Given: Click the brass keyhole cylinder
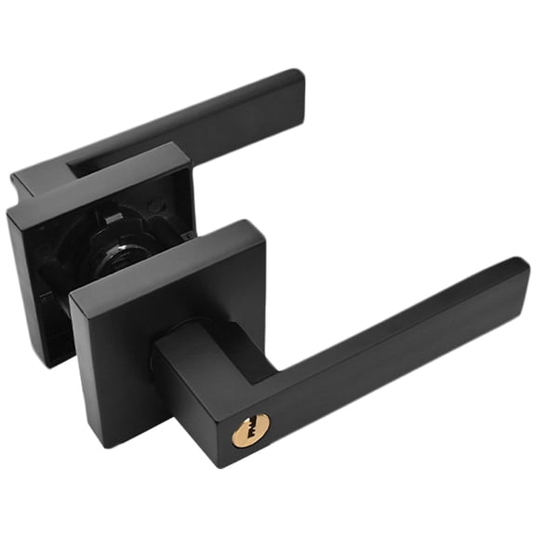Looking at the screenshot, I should click(x=250, y=430).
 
